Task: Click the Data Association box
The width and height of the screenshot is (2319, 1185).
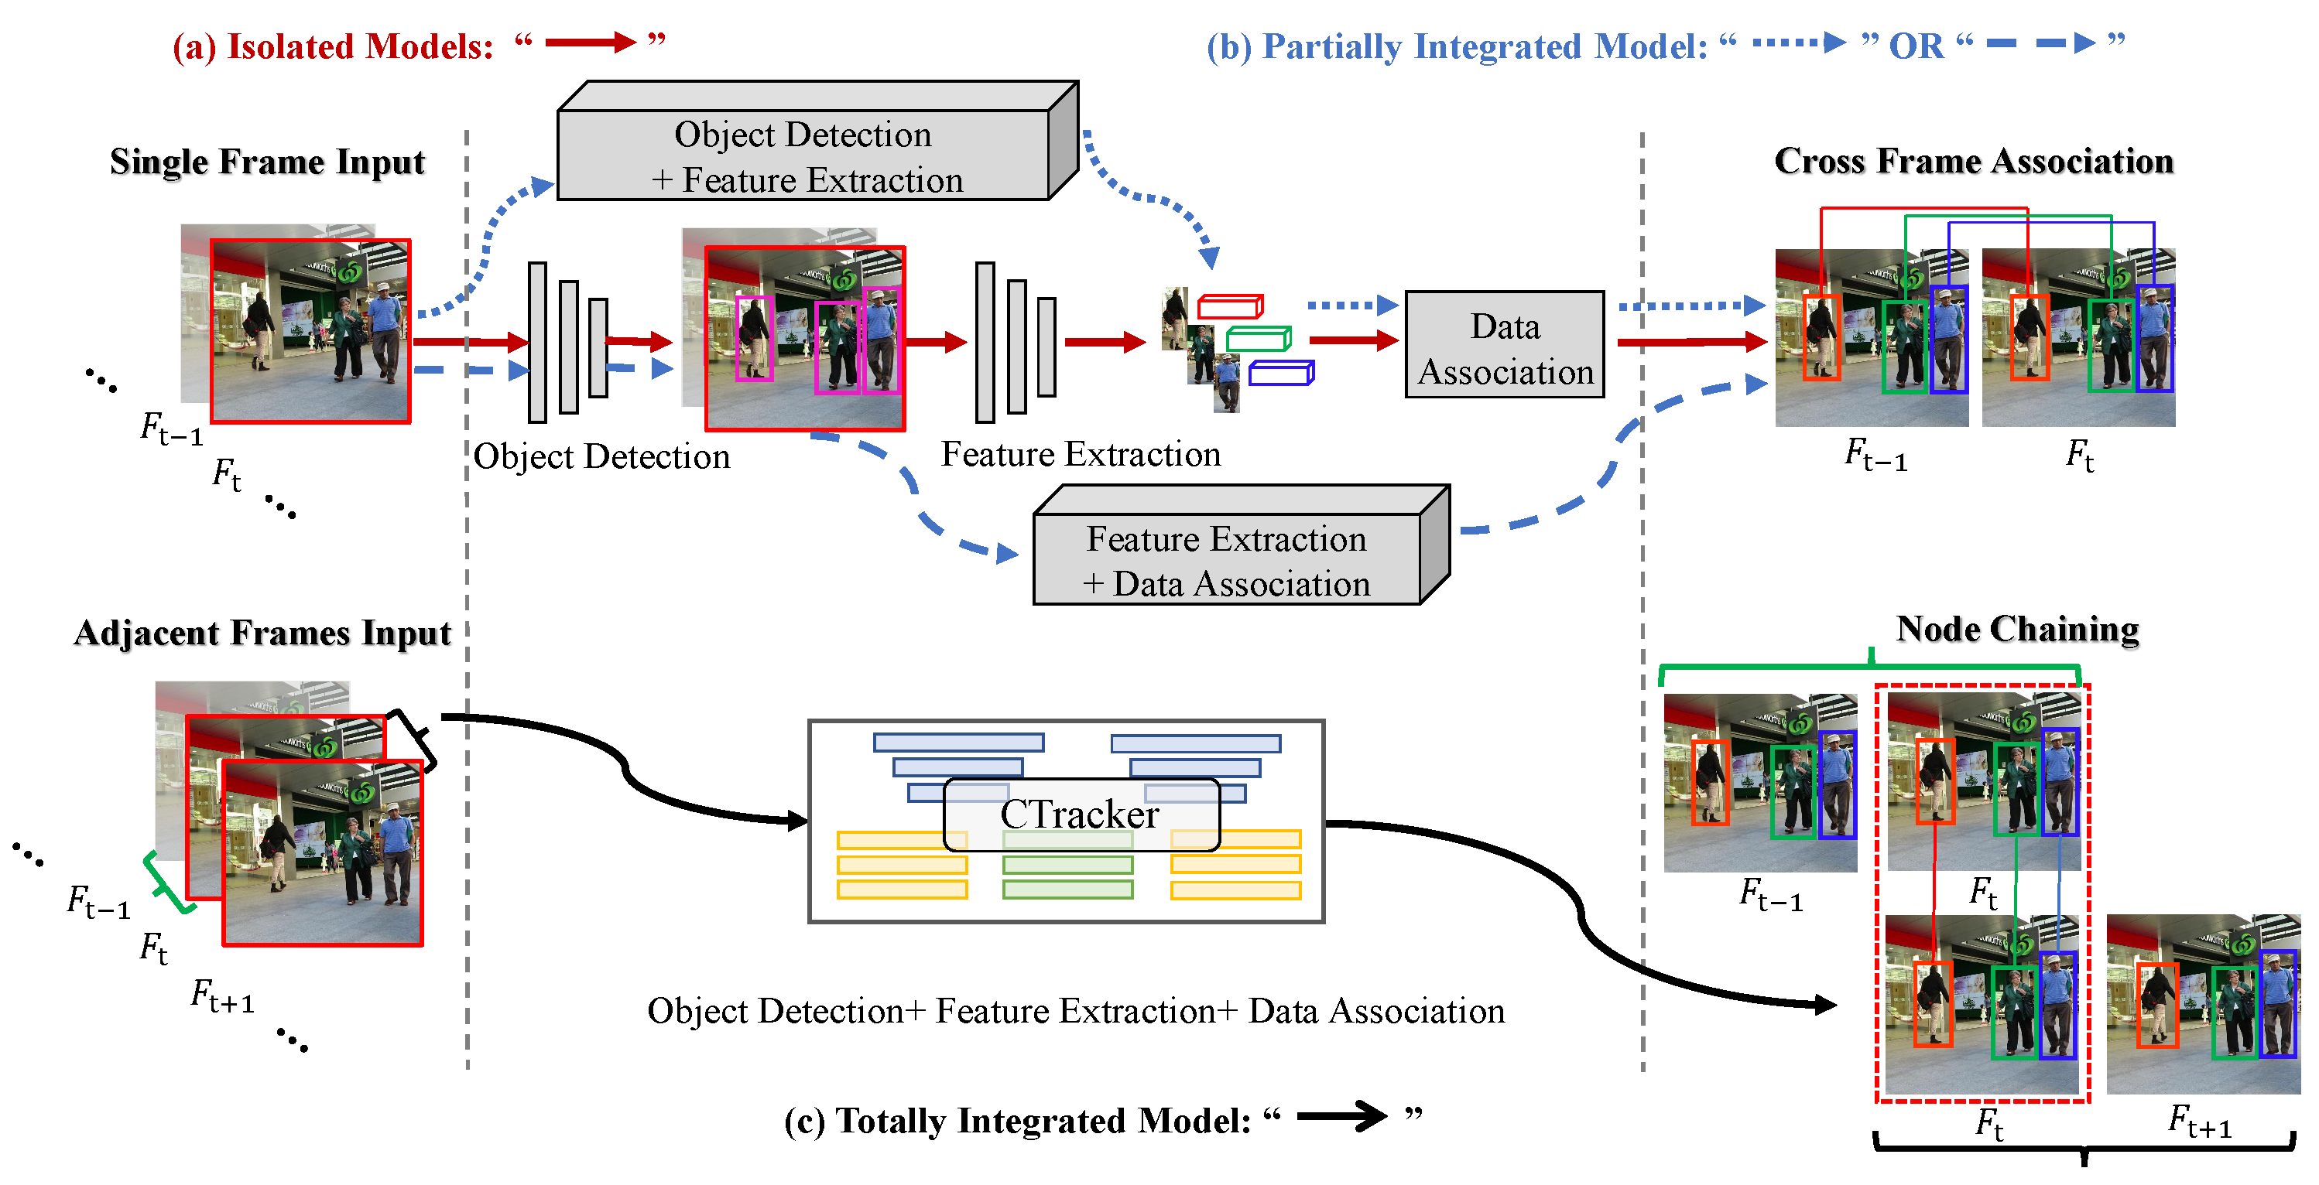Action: coord(1504,346)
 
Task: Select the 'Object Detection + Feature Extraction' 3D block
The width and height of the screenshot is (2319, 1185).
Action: coord(803,155)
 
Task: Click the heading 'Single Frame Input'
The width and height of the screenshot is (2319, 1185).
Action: coord(267,162)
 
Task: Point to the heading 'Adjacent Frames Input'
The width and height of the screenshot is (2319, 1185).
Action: coord(262,633)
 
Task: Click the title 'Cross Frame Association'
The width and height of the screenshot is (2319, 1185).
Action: coord(1973,161)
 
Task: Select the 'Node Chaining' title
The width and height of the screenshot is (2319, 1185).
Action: coord(2016,629)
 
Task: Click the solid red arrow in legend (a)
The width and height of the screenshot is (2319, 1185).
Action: coord(590,43)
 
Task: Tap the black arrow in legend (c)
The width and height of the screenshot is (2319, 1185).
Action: coord(1341,1117)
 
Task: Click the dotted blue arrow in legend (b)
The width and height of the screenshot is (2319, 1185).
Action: coord(1798,43)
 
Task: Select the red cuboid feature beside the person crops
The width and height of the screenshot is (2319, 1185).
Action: coord(1230,307)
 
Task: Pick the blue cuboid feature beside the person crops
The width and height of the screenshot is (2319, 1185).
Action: coord(1281,373)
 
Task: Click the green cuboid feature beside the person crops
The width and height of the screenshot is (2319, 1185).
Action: coord(1258,340)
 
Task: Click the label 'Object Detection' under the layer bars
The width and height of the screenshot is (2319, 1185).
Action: coord(601,457)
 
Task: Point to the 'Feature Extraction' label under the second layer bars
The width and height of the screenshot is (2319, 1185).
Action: coord(1081,454)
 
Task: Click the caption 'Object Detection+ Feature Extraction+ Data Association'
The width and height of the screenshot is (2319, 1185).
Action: coord(1076,1011)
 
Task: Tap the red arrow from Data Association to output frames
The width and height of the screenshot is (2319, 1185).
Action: coord(1690,342)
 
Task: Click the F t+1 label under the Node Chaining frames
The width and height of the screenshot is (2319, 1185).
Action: coord(2199,1123)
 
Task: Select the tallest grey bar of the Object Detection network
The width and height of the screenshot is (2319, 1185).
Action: coord(537,342)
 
